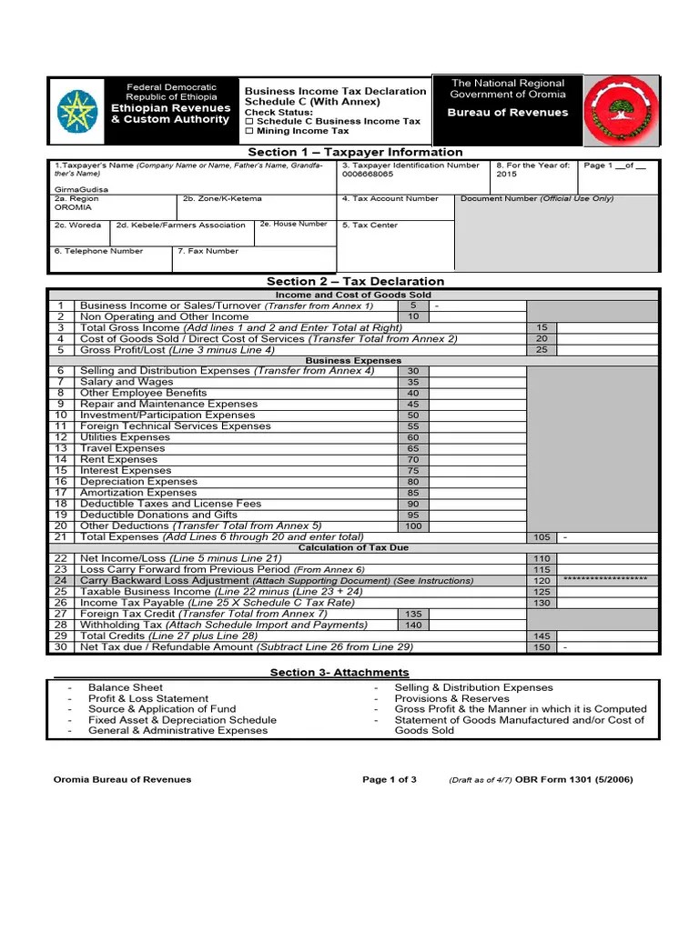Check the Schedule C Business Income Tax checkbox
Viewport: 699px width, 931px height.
click(249, 121)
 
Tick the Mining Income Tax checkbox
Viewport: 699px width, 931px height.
click(249, 132)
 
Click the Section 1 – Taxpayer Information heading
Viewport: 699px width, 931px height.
click(355, 152)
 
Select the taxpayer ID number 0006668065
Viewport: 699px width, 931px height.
click(368, 174)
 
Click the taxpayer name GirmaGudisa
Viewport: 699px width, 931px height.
click(81, 189)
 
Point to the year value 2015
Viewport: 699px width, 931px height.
click(506, 174)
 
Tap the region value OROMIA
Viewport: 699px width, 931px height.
click(73, 207)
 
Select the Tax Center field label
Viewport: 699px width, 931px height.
click(370, 225)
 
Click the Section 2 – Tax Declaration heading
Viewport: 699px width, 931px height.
click(355, 282)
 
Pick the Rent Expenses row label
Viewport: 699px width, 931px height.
click(118, 459)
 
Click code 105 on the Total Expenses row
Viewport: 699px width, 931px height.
click(542, 537)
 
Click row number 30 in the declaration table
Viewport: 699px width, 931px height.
click(61, 646)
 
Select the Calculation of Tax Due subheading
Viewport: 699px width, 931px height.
click(354, 547)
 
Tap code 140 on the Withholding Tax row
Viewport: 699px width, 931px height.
click(413, 625)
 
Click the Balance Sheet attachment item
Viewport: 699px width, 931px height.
click(126, 687)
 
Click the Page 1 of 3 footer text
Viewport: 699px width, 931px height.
click(390, 779)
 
